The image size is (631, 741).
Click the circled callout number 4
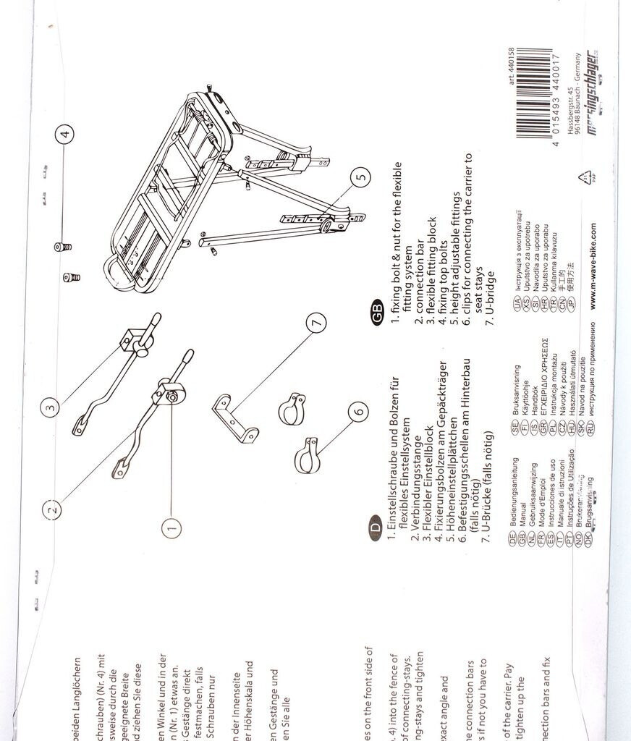click(66, 134)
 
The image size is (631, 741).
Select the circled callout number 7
click(317, 324)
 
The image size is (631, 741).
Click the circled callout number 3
click(50, 407)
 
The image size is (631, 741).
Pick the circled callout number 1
click(171, 528)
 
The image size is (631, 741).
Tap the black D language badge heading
click(375, 528)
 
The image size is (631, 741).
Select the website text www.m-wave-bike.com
click(593, 266)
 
